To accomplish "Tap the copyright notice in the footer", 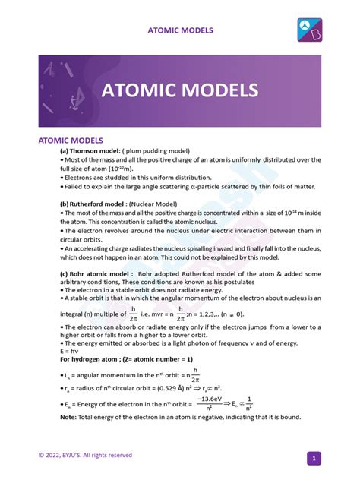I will point(85,455).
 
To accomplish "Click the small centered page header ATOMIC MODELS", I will point(180,30).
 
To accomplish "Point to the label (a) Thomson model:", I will point(94,150).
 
